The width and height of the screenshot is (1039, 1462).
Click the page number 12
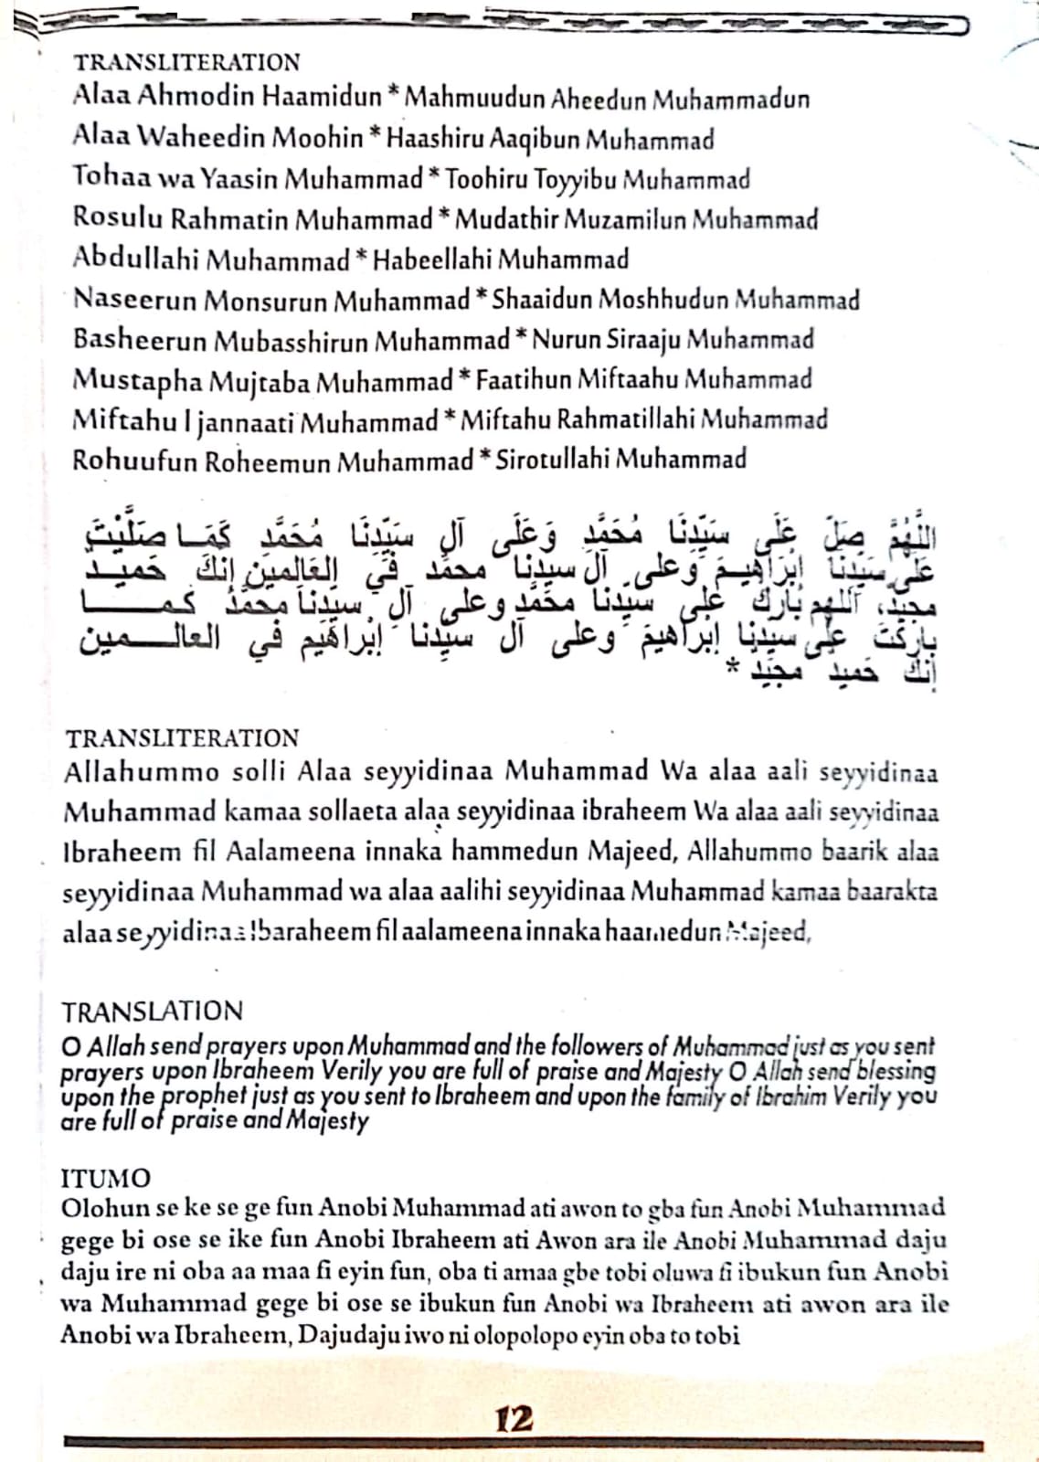tap(514, 1418)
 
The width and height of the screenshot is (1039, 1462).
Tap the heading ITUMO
tap(105, 1178)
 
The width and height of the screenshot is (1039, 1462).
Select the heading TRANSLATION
tap(152, 1011)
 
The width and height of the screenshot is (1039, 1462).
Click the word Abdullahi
tap(135, 259)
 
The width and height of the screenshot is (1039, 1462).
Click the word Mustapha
tap(139, 380)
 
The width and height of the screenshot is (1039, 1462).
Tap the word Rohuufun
tap(134, 460)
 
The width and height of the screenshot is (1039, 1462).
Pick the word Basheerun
tap(140, 339)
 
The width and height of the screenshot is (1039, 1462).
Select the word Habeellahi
tap(433, 260)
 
